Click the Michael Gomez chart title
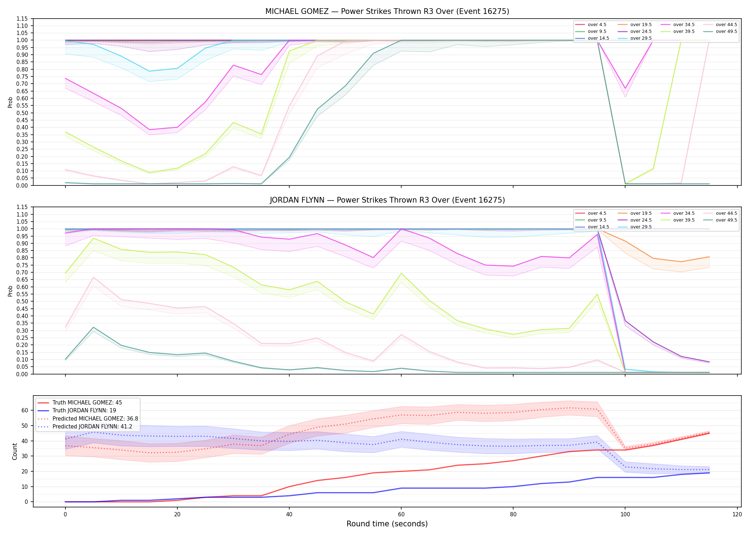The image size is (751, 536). point(387,11)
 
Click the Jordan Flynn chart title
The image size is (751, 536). point(387,200)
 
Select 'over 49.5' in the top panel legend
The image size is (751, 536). point(726,31)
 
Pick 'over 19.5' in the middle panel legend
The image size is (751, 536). point(641,213)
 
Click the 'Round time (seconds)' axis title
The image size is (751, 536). point(387,524)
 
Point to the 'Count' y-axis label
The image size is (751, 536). point(15,451)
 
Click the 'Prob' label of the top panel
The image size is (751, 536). point(10,102)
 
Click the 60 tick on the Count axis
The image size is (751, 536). point(25,410)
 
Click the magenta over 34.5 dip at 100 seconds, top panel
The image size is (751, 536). point(625,88)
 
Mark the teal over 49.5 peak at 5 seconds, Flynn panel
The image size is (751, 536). point(93,327)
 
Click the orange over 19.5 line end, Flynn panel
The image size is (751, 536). point(709,257)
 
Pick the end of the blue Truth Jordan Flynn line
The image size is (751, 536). point(709,473)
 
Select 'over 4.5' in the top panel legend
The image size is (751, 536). point(597,25)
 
